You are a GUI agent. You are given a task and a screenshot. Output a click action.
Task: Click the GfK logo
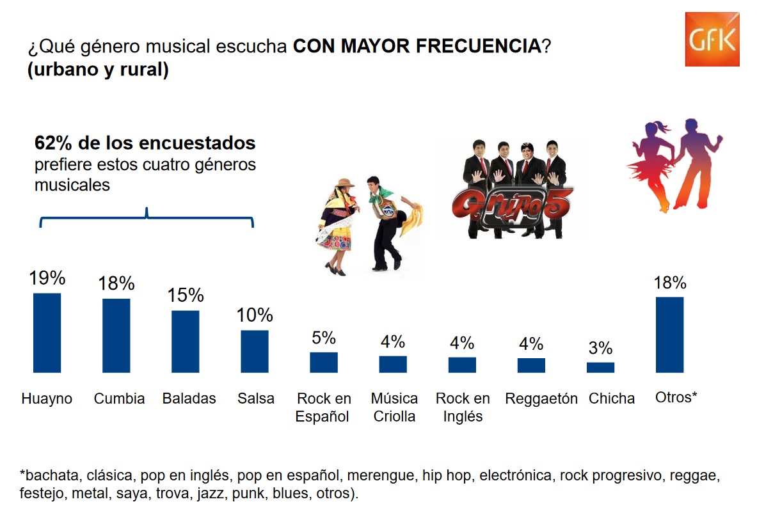click(x=712, y=39)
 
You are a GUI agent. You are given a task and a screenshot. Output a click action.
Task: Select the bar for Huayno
click(x=47, y=333)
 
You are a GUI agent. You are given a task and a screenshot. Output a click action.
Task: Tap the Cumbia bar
click(x=116, y=335)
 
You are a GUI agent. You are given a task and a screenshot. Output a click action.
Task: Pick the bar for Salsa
click(x=254, y=351)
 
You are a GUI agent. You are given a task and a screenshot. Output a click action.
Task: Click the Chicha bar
click(x=600, y=367)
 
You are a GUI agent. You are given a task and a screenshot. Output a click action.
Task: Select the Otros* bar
click(x=669, y=335)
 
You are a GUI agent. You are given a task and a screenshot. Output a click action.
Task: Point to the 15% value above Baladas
click(x=186, y=295)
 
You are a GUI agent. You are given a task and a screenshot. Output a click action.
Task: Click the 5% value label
click(x=324, y=338)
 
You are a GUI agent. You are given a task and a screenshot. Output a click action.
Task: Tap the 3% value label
click(x=600, y=349)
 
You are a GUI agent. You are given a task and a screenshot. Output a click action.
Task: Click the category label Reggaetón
click(x=541, y=398)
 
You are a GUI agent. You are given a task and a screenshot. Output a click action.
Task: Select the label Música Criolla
click(x=394, y=407)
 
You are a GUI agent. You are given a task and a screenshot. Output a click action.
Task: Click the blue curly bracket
click(x=147, y=217)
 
